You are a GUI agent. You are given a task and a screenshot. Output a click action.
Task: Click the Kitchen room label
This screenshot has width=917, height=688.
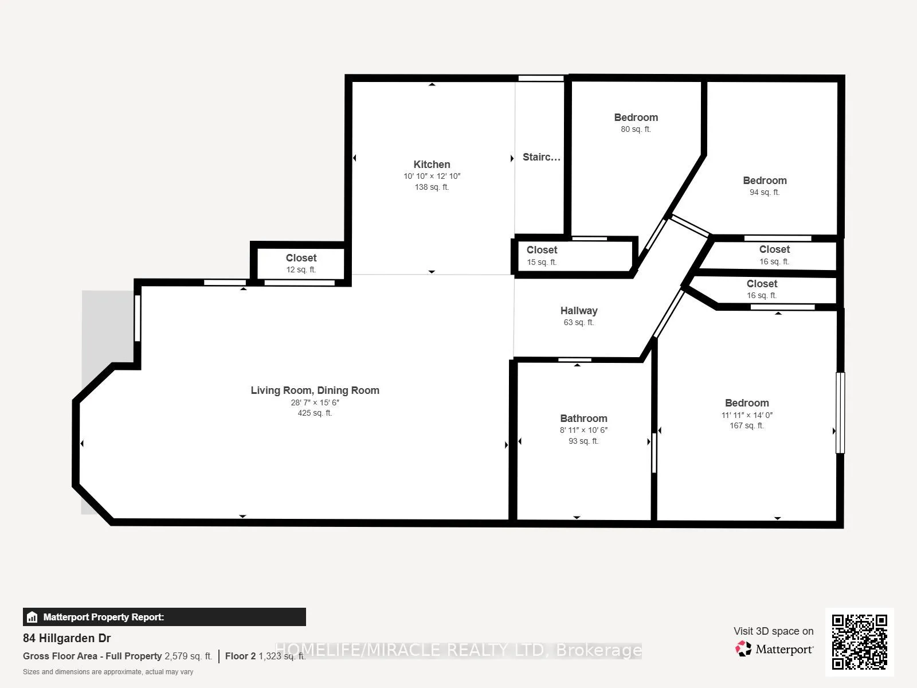432,165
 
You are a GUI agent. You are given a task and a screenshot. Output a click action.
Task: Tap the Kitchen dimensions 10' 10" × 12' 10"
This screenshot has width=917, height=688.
432,177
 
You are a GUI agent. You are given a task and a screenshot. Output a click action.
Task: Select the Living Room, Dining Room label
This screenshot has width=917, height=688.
315,390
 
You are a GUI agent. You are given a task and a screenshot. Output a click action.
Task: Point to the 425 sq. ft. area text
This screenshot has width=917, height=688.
315,413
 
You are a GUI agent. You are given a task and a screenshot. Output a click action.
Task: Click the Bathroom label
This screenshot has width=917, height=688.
583,419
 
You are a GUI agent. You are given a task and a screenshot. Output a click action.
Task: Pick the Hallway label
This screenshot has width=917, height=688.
579,311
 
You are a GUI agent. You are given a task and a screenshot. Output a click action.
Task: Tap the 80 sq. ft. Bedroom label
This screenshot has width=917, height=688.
636,118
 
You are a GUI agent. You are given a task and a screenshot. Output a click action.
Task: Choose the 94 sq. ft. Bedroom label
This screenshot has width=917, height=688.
765,181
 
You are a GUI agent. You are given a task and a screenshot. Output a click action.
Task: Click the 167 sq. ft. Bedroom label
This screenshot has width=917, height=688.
747,403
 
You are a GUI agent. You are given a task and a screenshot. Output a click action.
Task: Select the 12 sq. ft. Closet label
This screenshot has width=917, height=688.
301,258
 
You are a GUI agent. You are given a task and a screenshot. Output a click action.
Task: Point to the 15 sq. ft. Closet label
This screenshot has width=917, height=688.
542,250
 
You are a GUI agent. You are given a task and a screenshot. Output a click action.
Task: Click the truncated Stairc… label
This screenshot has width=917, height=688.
541,157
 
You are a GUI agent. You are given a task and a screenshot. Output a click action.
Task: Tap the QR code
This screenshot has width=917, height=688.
859,642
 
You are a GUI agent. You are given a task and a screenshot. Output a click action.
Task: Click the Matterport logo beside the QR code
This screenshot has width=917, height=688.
774,649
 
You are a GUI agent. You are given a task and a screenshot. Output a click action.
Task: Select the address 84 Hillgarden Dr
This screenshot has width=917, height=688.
67,638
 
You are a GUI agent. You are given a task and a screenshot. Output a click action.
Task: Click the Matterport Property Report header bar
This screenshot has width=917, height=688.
164,617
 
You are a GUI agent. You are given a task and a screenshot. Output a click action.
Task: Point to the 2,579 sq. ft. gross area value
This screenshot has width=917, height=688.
188,656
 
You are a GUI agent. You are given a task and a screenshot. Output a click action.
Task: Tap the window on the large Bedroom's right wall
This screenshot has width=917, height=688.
840,413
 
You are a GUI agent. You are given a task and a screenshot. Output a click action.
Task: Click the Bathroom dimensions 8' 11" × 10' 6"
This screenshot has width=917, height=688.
583,430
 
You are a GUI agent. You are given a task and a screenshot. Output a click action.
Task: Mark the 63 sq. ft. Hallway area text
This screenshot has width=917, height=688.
579,323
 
